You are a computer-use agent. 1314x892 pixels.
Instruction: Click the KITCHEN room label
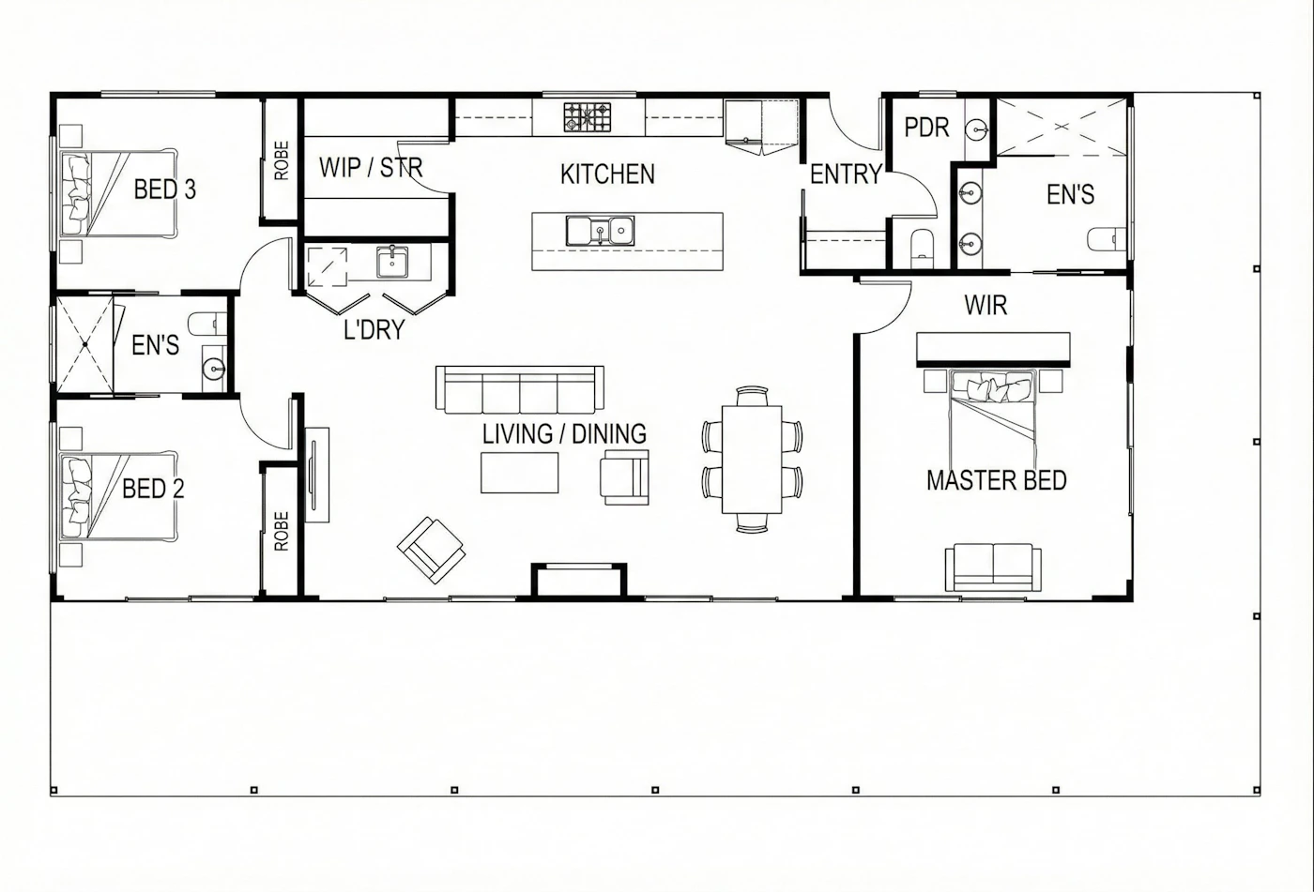coord(607,174)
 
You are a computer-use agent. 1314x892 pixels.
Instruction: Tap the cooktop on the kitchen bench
coord(588,117)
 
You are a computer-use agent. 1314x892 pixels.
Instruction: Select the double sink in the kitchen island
coord(600,231)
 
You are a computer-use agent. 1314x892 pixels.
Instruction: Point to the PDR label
coord(926,128)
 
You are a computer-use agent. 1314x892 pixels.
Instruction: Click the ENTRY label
coord(846,174)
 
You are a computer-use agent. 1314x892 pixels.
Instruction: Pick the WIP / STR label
coord(371,168)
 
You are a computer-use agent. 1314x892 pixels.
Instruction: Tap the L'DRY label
coord(374,330)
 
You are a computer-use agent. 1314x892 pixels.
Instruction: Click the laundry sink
coord(392,262)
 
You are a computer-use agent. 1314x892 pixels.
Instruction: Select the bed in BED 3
coord(118,193)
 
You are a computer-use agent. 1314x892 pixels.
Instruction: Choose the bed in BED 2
coord(118,496)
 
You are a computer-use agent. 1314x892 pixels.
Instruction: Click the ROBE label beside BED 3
coord(282,160)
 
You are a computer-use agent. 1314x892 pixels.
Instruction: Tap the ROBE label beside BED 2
coord(282,531)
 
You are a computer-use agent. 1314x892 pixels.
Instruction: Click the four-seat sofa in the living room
coord(520,390)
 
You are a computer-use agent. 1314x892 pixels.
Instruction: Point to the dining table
coord(752,460)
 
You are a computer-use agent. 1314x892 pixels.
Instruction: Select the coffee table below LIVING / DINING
coord(520,473)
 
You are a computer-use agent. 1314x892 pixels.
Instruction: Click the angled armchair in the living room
coord(431,550)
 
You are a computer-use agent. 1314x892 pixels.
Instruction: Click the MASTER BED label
coord(997,480)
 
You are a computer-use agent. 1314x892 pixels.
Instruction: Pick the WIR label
coord(985,306)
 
